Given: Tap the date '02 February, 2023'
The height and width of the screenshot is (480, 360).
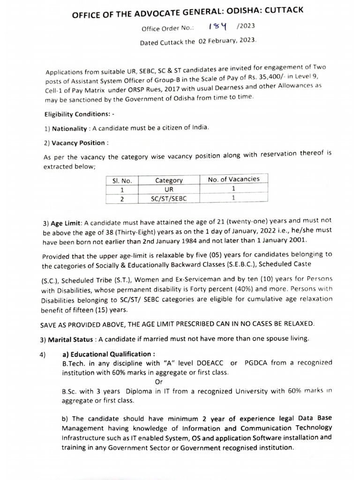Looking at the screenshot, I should (x=227, y=41).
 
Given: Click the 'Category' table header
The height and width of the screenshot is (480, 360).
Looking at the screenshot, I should (x=169, y=180).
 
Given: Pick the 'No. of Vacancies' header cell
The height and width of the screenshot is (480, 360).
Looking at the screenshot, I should (x=233, y=179).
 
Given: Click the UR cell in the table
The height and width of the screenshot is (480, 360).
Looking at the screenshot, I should (x=169, y=189).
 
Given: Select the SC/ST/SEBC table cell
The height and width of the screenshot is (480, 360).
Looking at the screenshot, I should (x=169, y=199).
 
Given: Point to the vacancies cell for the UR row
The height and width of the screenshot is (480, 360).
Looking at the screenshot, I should (x=233, y=188).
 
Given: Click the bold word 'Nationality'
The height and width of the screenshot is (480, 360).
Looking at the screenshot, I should (x=69, y=128).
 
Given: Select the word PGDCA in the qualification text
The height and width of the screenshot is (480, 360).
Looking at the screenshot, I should (x=258, y=363).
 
